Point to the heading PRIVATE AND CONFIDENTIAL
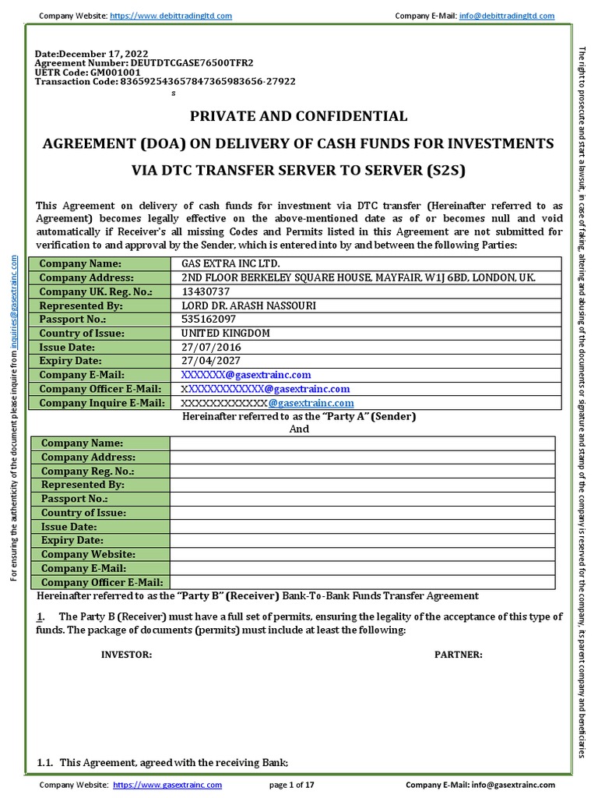coord(299,116)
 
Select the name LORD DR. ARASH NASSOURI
coord(248,305)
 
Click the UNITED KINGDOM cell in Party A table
coord(225,333)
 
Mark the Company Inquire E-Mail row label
coord(102,403)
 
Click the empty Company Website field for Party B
coord(362,554)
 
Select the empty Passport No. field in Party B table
coord(362,499)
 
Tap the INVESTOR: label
coord(127,655)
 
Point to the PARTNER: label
coord(458,655)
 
